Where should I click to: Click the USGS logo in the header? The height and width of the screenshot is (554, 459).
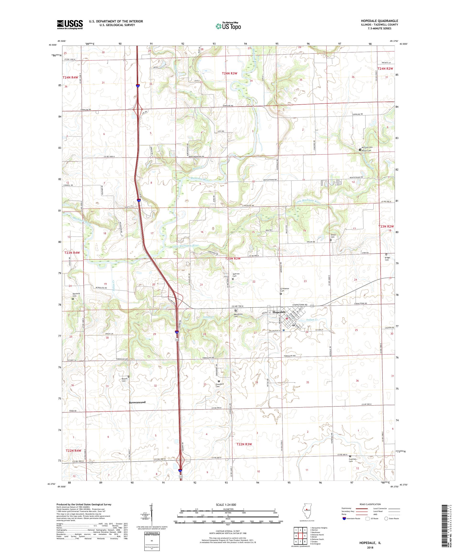pyautogui.click(x=70, y=25)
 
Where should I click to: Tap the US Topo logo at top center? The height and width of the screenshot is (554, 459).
pyautogui.click(x=229, y=26)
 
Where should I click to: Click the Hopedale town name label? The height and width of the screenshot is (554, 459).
pyautogui.click(x=279, y=312)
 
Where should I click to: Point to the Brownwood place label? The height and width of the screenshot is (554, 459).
pyautogui.click(x=137, y=402)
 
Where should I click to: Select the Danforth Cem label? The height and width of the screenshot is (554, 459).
pyautogui.click(x=76, y=295)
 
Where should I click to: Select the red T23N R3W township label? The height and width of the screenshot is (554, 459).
pyautogui.click(x=233, y=259)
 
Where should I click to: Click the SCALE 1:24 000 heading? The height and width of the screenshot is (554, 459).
pyautogui.click(x=228, y=504)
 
